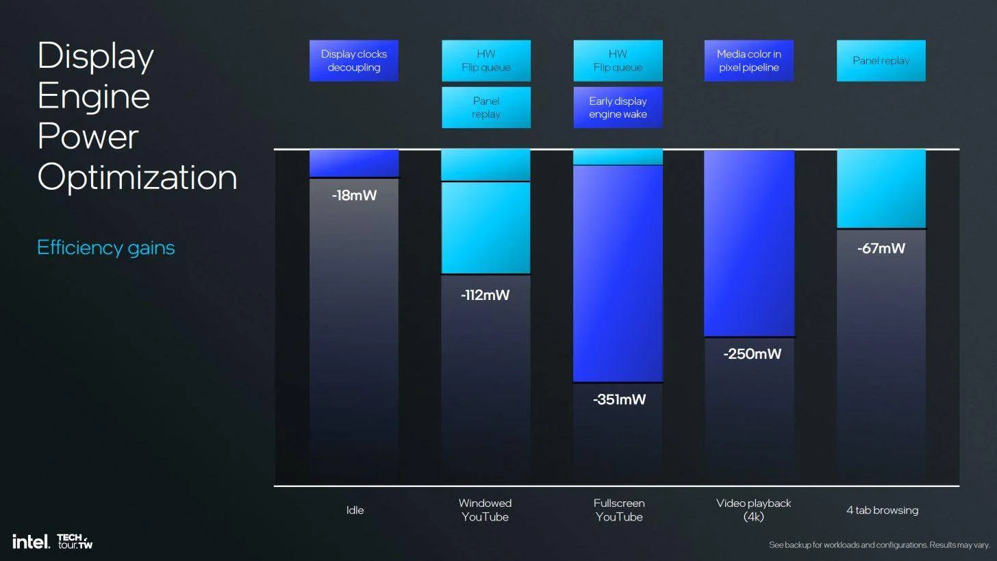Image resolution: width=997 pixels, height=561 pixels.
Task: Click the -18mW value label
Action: click(354, 196)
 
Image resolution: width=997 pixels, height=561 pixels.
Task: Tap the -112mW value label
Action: click(485, 295)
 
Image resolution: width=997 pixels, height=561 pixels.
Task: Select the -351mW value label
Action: click(619, 399)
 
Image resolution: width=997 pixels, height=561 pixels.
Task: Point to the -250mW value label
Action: click(752, 354)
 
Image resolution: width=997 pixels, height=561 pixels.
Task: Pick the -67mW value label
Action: click(881, 249)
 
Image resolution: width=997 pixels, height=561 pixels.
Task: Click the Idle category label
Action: click(355, 510)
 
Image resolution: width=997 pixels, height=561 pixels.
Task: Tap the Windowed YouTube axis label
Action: click(485, 510)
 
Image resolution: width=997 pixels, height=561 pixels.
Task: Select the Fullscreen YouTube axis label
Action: click(619, 510)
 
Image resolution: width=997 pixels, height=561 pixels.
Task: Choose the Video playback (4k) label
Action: click(753, 510)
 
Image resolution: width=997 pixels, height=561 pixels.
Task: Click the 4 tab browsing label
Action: click(882, 510)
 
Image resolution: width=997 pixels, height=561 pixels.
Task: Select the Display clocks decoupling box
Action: click(353, 61)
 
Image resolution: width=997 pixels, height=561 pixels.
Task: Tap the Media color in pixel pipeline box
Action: click(748, 61)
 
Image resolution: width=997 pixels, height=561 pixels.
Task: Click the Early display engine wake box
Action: click(618, 108)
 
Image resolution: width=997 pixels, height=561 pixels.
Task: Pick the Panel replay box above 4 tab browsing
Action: click(881, 61)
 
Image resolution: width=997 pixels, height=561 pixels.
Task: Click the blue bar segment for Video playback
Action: click(749, 243)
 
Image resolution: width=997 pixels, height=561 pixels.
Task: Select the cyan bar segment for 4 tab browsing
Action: click(881, 189)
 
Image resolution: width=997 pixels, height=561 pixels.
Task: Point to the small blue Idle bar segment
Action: click(353, 164)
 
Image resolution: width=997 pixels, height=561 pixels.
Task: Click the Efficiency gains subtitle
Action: click(105, 247)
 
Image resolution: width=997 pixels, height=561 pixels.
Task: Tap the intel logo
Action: click(31, 542)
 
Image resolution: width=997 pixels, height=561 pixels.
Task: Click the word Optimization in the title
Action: click(137, 177)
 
